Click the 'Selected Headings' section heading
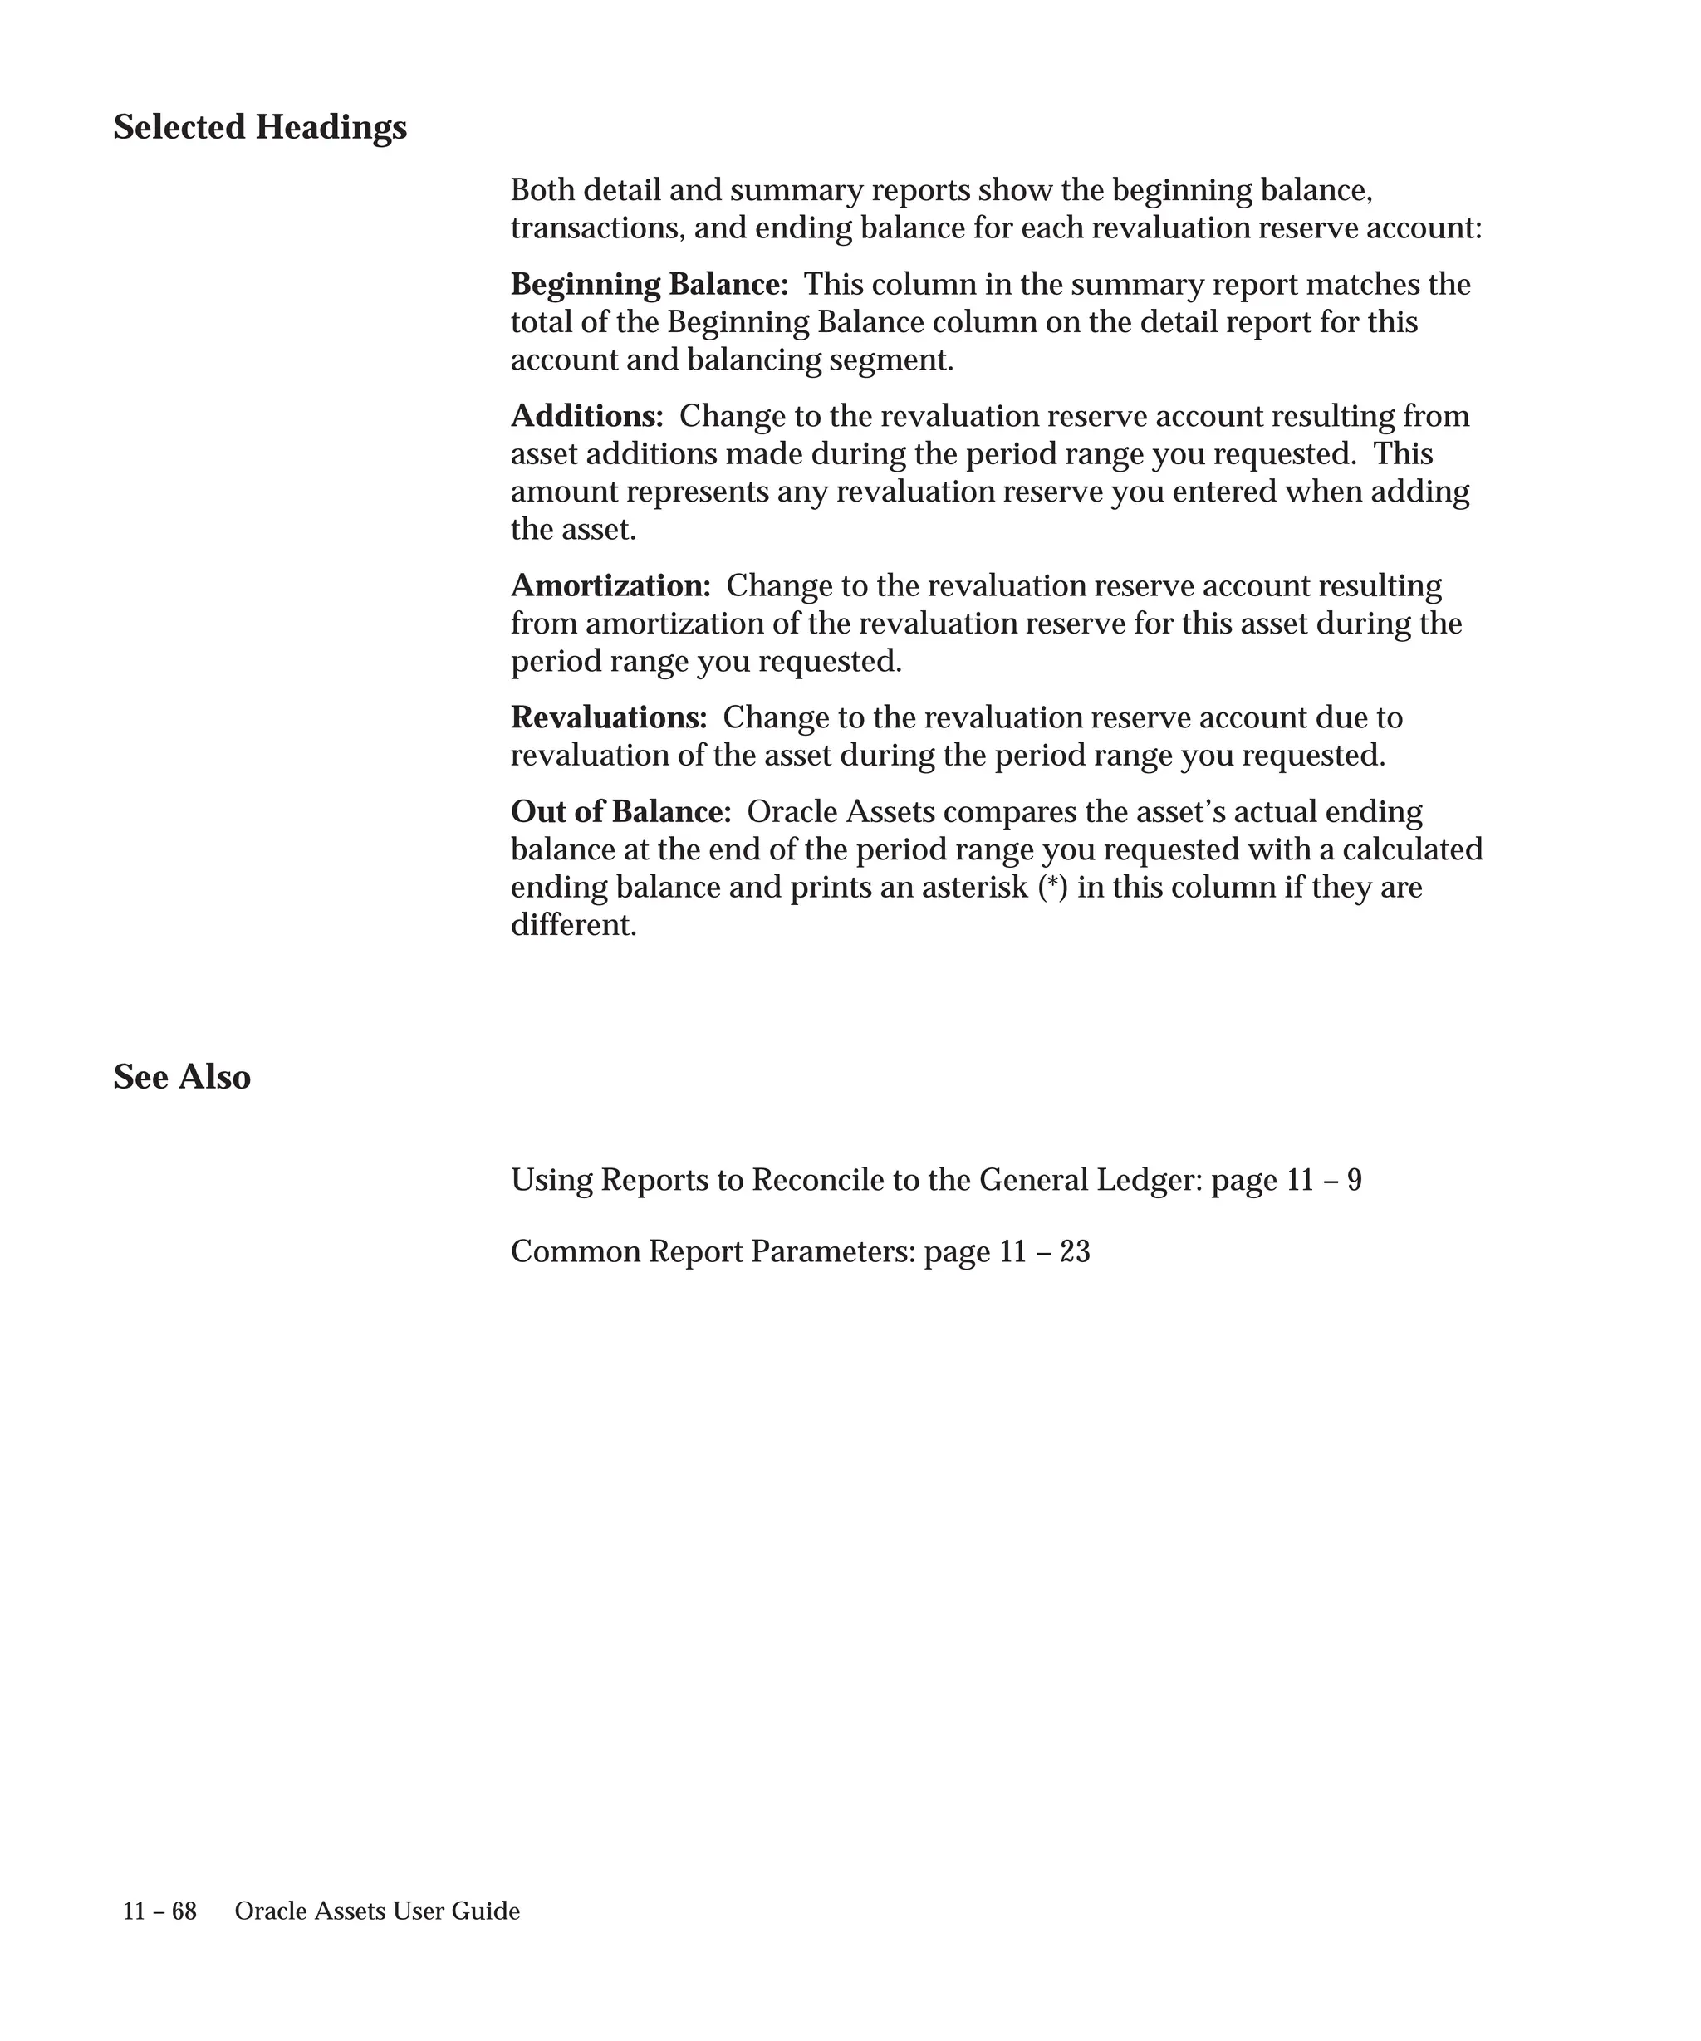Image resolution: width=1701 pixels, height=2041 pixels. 259,127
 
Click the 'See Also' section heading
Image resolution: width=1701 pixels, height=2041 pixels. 182,1077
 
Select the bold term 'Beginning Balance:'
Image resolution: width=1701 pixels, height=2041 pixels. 650,285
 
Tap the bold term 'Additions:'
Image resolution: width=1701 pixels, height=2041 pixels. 587,416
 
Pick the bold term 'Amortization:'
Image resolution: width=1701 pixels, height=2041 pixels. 610,586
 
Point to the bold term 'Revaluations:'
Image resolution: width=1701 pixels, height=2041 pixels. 609,717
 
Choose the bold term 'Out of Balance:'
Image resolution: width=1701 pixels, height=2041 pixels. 620,811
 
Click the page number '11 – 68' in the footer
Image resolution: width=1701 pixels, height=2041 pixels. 159,1911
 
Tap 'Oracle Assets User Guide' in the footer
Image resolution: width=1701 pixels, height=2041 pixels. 377,1911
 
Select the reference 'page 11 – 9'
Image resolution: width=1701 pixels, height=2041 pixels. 1286,1180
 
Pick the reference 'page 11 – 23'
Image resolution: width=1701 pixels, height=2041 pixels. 1007,1252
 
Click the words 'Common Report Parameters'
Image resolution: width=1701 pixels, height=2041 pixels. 713,1252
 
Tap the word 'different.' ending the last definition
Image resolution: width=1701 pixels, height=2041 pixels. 573,925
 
